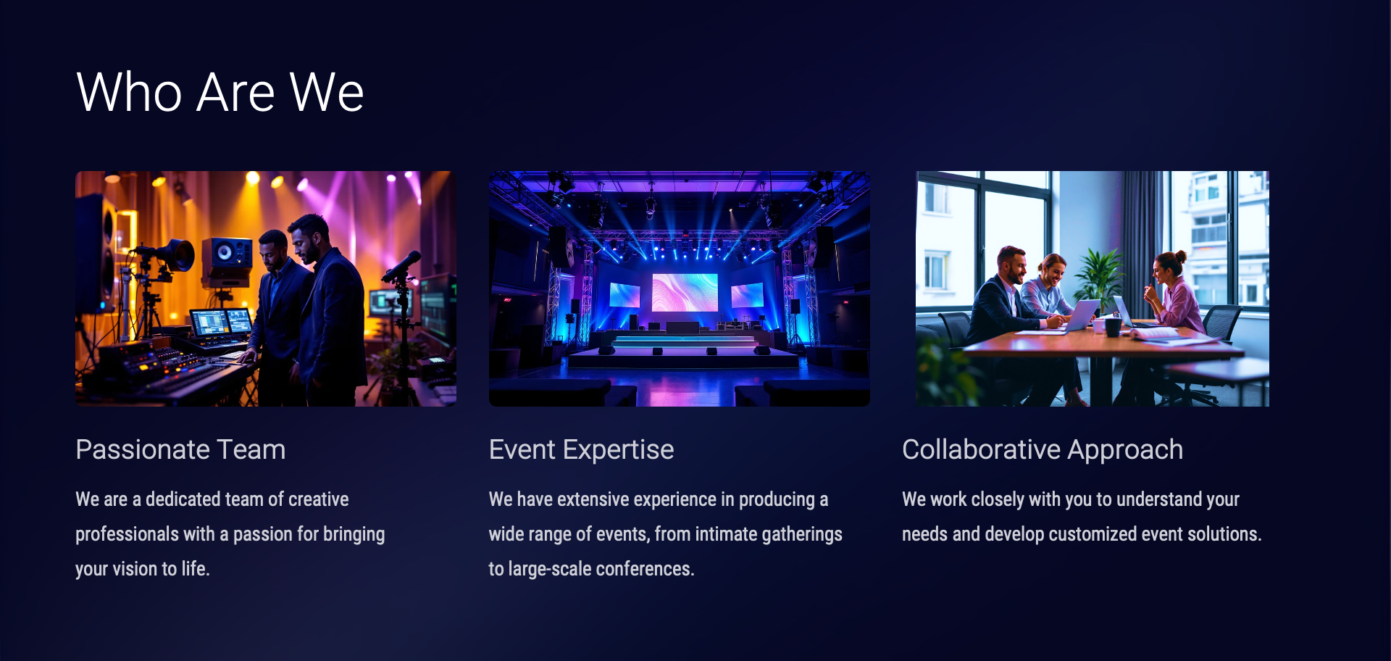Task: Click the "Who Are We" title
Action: click(220, 92)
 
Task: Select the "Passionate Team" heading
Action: click(180, 449)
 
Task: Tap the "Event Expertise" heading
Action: click(581, 449)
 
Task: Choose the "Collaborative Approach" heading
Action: click(1043, 450)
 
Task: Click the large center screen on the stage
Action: click(685, 292)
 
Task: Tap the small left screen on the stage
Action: click(625, 295)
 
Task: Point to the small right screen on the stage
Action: click(748, 295)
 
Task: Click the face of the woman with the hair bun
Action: click(1163, 270)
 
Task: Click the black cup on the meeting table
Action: click(1113, 327)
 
